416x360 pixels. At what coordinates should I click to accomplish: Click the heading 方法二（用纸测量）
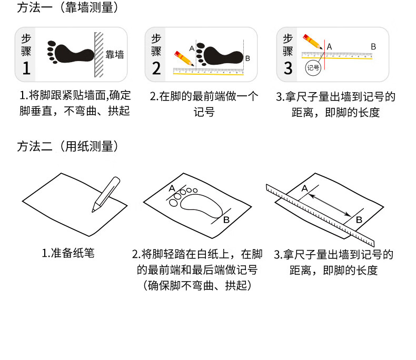[x=67, y=147]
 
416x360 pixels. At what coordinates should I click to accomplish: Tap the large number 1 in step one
[x=26, y=68]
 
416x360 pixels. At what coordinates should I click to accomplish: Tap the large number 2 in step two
[x=156, y=68]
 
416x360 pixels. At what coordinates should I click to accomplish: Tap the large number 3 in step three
[x=288, y=68]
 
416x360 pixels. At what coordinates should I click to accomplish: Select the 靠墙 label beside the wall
[x=115, y=55]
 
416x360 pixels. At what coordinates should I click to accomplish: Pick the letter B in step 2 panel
[x=247, y=58]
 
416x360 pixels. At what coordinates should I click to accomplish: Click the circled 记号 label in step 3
[x=313, y=68]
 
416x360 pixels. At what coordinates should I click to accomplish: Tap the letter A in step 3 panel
[x=330, y=47]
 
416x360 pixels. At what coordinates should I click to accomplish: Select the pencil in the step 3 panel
[x=313, y=42]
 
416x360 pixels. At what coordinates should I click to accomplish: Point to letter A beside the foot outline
[x=172, y=188]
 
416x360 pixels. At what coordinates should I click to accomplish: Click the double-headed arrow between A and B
[x=331, y=205]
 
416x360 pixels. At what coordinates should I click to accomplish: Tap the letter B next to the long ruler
[x=359, y=220]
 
